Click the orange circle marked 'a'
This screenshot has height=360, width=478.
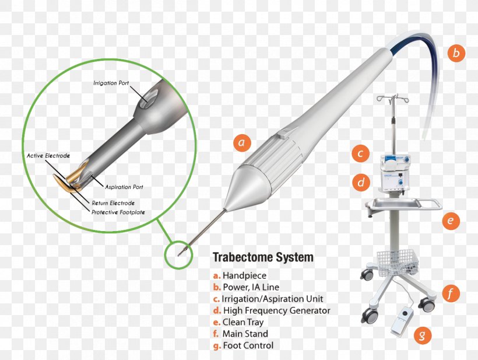pos(242,143)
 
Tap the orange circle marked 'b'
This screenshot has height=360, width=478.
pos(456,53)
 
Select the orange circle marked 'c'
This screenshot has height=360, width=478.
pos(361,153)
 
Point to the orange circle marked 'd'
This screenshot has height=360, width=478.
pos(361,183)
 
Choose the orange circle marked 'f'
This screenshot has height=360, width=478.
pos(451,293)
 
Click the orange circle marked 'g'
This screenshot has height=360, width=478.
pos(423,335)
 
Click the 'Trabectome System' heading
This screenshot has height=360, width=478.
pos(263,257)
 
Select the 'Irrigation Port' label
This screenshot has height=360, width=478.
pos(111,83)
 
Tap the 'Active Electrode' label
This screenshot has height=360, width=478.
pos(48,156)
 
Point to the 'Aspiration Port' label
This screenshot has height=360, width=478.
pos(124,187)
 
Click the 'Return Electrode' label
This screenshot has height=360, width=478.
pos(113,203)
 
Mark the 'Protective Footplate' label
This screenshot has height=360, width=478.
pos(118,212)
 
